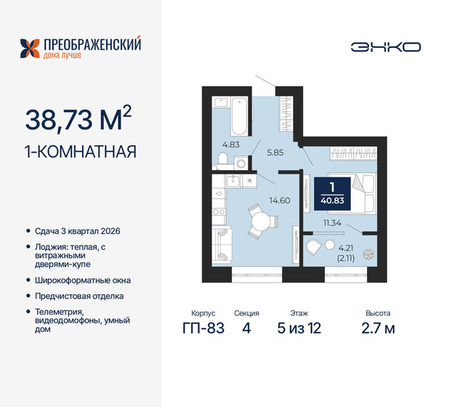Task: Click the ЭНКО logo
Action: (385, 47)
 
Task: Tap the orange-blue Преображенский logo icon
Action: (30, 48)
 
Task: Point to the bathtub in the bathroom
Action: (239, 118)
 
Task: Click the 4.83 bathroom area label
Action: (230, 145)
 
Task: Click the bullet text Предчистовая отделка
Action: (79, 296)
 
